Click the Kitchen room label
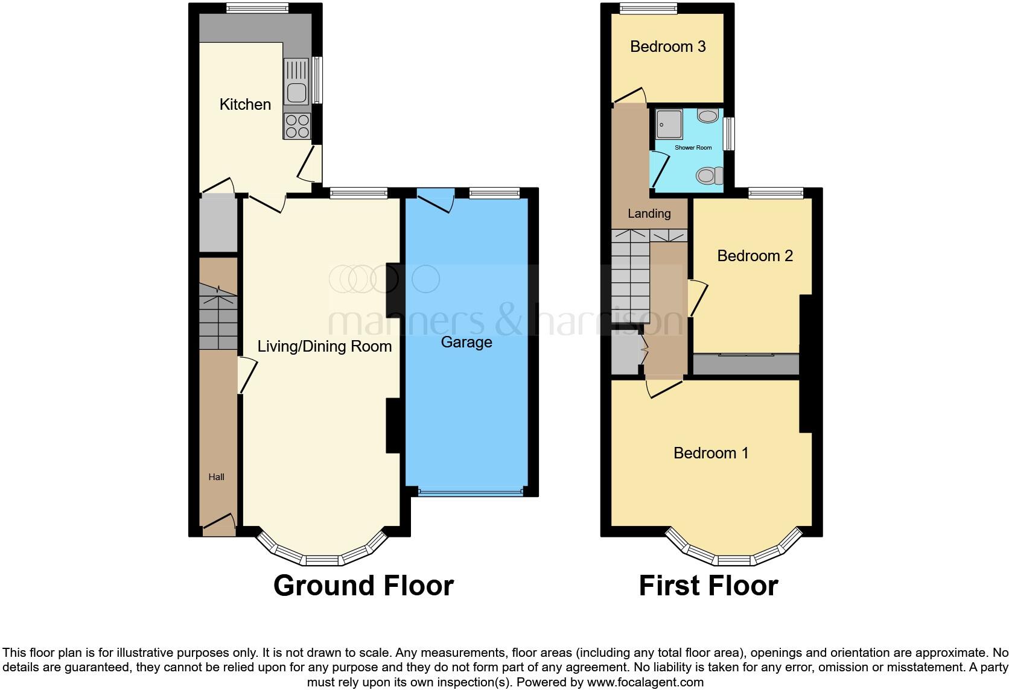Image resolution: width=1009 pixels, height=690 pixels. [245, 104]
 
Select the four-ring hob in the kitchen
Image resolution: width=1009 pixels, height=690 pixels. [297, 126]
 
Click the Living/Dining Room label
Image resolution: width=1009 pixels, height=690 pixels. [324, 346]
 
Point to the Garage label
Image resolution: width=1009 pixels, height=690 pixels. [466, 342]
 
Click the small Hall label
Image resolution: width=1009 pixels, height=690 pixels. [216, 477]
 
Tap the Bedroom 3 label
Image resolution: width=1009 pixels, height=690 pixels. [667, 46]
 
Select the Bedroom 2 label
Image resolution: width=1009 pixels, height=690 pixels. [754, 256]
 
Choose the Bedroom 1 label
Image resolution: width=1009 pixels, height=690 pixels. [711, 453]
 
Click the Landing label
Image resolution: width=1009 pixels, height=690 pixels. [649, 214]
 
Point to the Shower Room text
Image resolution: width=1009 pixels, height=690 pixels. [693, 148]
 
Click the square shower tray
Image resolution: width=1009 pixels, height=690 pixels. [669, 124]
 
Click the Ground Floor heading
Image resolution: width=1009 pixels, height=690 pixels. [363, 586]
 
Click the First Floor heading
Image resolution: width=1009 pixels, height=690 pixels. [708, 586]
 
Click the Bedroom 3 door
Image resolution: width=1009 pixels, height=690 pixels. [630, 96]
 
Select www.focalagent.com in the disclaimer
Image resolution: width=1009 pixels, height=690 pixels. [645, 683]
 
